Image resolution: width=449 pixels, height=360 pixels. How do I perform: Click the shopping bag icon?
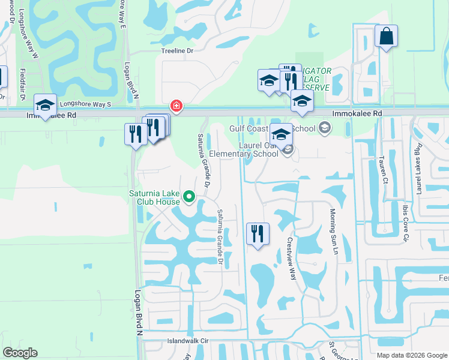(x=386, y=37)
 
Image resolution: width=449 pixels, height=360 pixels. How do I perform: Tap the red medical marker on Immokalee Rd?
(x=176, y=106)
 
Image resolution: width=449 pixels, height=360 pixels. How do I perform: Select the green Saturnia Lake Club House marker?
(x=190, y=196)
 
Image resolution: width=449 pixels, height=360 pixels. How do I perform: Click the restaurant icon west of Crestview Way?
(x=258, y=234)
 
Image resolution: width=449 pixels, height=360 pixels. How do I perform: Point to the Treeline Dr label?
(x=177, y=51)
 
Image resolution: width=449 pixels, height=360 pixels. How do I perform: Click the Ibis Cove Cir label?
(x=405, y=222)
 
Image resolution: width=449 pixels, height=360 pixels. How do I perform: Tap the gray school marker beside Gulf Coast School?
(x=325, y=127)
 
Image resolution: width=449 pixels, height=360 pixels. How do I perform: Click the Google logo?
(x=20, y=353)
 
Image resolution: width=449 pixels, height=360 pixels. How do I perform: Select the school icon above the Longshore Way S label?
(x=45, y=106)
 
